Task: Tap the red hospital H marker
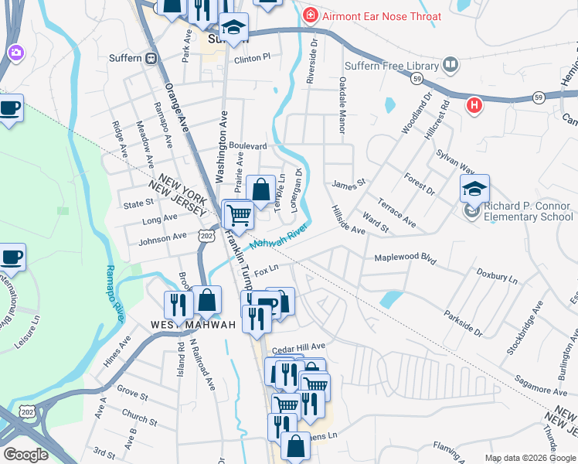(x=474, y=104)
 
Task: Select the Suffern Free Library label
(x=396, y=66)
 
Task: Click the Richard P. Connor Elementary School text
(x=529, y=212)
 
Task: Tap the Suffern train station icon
(x=152, y=58)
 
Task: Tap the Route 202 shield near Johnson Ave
(x=206, y=234)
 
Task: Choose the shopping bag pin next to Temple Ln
(x=261, y=188)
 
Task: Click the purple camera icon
(x=15, y=53)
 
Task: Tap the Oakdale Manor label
(x=341, y=104)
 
